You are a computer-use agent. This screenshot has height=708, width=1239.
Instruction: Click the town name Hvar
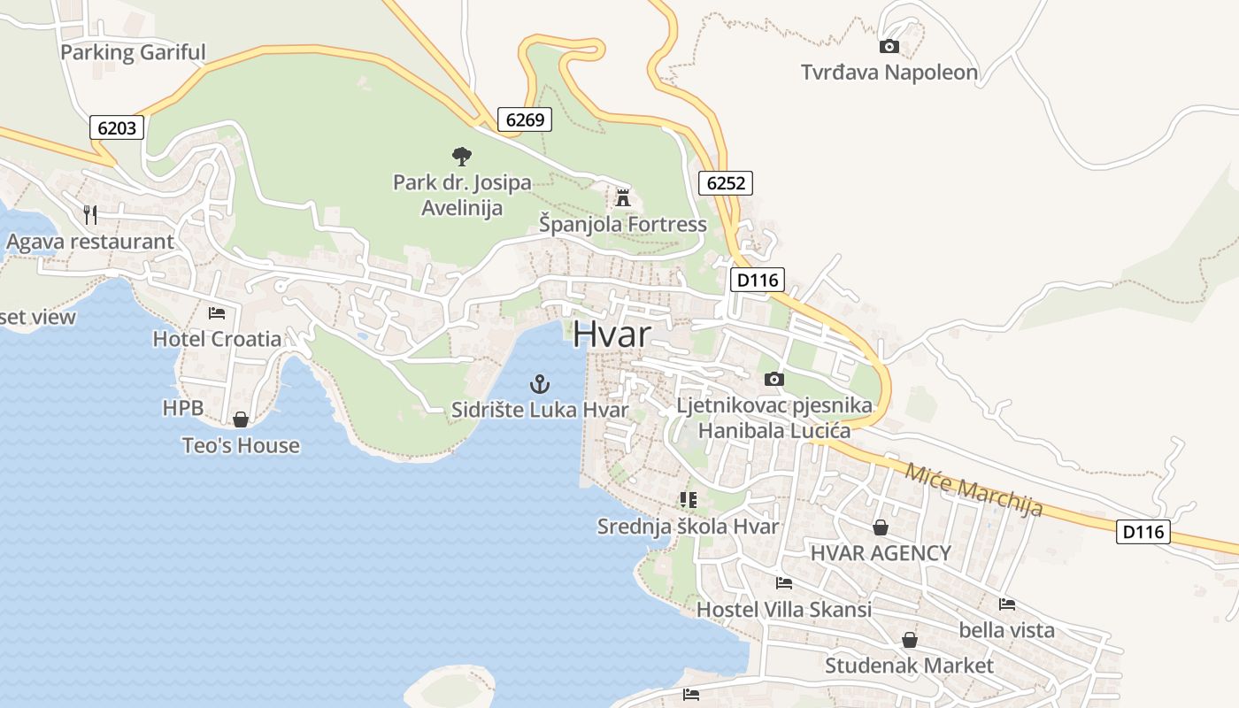[612, 335]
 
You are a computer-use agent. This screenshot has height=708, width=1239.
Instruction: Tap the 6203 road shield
[117, 127]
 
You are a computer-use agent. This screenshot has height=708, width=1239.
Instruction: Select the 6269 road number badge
[524, 119]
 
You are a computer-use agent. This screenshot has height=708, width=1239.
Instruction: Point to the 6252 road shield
[725, 183]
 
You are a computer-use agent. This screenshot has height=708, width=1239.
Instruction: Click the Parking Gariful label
[133, 52]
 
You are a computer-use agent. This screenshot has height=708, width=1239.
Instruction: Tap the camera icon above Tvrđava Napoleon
[889, 46]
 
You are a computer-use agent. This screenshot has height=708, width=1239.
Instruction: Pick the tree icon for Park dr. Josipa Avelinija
[461, 157]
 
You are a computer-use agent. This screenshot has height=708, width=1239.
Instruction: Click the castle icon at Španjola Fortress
[623, 197]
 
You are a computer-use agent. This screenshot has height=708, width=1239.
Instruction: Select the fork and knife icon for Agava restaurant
[89, 214]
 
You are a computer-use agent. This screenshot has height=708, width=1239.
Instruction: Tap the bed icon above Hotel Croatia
[217, 312]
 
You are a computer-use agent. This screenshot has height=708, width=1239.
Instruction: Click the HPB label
[183, 408]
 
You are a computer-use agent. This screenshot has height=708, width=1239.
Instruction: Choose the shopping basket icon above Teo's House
[240, 419]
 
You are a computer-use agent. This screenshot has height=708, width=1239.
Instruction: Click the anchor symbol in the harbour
[539, 384]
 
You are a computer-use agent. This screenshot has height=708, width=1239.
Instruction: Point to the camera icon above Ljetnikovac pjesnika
[773, 379]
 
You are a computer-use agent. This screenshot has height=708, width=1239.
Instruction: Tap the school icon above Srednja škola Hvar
[688, 500]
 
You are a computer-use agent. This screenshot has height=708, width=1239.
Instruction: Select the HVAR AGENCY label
[881, 553]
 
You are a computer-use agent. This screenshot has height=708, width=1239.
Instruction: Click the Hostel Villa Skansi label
[783, 609]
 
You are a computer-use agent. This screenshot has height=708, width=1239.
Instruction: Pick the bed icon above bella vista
[1006, 604]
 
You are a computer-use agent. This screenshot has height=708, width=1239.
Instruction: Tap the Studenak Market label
[909, 665]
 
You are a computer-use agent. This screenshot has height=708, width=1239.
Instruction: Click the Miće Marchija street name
[973, 489]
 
